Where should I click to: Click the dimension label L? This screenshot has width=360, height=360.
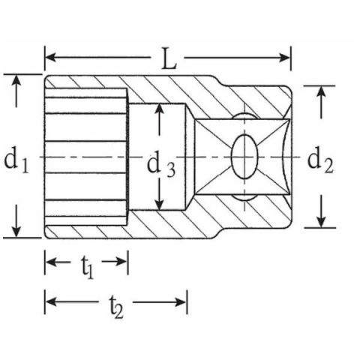coord(169,59)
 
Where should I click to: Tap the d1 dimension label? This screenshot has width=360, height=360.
coord(16,160)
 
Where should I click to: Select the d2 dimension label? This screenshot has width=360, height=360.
coord(320,160)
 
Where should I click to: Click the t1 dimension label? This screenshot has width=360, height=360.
coord(88,267)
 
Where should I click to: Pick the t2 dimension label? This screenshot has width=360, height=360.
coord(116,307)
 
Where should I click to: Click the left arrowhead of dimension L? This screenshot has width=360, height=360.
coord(50,57)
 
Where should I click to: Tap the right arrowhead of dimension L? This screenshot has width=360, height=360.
coord(284,58)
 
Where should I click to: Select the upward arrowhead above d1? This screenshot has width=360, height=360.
coord(16,80)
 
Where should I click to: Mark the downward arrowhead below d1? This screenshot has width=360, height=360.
coord(16,231)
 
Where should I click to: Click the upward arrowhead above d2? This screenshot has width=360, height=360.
coord(321,91)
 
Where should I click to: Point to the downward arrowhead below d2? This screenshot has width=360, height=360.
coord(321,221)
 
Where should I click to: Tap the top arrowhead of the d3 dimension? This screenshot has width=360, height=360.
coord(159,109)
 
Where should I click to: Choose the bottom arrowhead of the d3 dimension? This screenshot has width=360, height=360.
coord(159,204)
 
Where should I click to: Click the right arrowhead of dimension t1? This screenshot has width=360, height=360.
coord(122,262)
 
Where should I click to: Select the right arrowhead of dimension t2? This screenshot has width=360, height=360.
coord(181,302)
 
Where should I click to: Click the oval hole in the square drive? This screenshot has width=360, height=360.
coord(244,157)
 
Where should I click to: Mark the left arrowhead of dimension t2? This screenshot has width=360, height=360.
coord(51,302)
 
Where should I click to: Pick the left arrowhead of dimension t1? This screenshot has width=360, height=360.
coord(51,262)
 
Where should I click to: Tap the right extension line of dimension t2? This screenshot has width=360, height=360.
coord(187,302)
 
